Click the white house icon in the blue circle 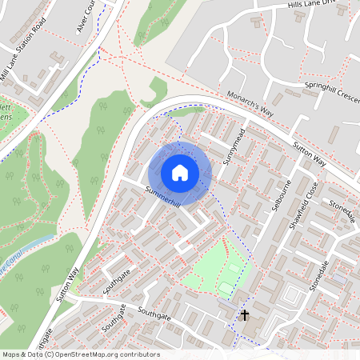(180, 173)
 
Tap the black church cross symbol (245, 314)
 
